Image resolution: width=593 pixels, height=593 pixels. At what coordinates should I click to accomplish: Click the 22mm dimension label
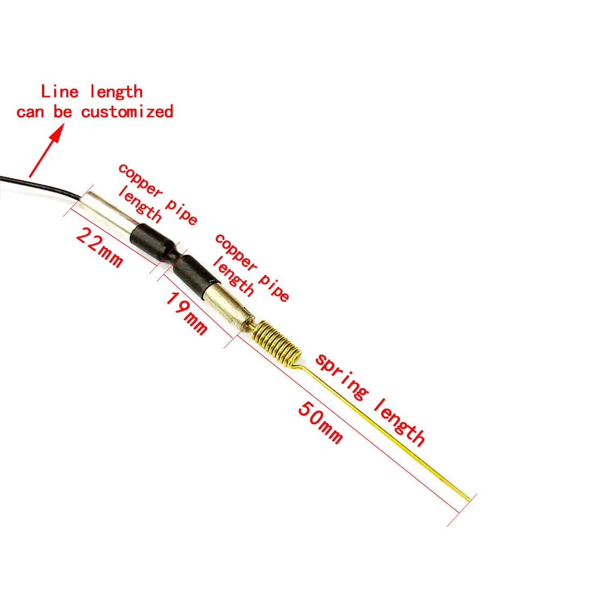(100, 247)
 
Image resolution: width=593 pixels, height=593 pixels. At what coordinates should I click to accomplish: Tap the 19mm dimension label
(186, 314)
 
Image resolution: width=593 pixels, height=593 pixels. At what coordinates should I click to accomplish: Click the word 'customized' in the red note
(127, 112)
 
